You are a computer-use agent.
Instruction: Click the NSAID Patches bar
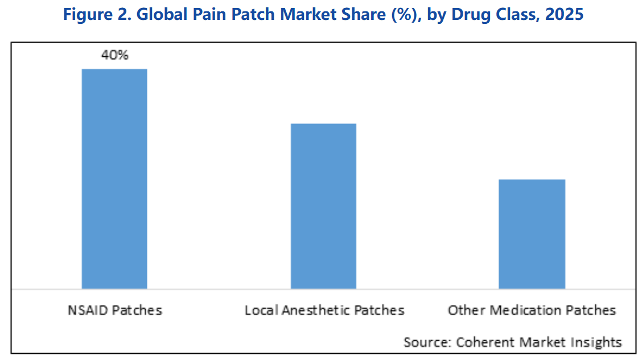(114, 179)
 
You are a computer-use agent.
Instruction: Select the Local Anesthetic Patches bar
(323, 206)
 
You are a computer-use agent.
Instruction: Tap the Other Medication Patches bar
(532, 234)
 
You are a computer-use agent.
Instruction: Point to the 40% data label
(114, 55)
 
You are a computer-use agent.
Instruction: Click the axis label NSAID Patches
(114, 310)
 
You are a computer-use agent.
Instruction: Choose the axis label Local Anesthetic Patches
(324, 310)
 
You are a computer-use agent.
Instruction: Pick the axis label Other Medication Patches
(532, 310)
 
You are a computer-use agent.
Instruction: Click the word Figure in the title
(85, 15)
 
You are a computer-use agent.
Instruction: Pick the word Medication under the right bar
(520, 310)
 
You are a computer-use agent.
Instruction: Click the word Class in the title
(517, 15)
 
